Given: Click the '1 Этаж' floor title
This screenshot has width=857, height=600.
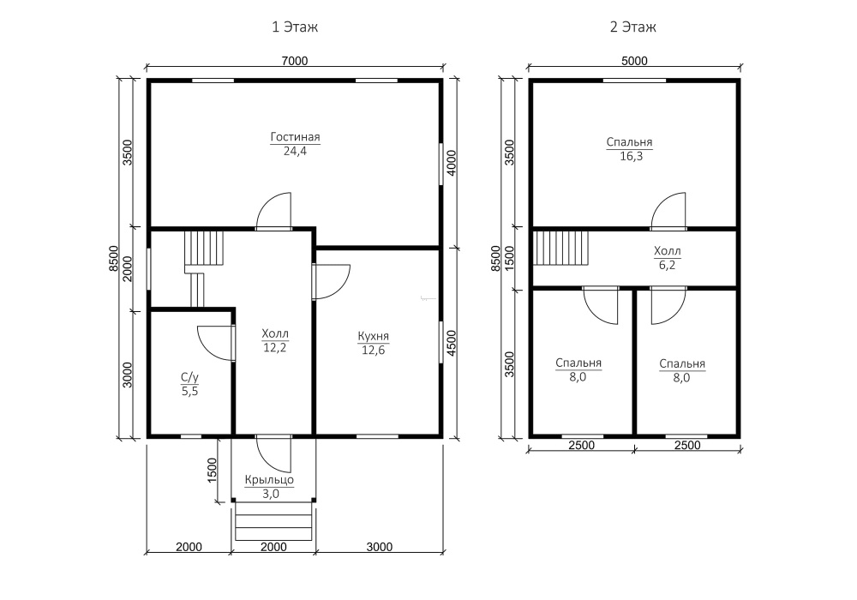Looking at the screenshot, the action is pyautogui.click(x=295, y=27).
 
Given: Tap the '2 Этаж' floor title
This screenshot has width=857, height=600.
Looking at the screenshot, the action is pyautogui.click(x=633, y=27).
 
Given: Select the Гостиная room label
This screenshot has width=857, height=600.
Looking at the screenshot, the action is pyautogui.click(x=295, y=137).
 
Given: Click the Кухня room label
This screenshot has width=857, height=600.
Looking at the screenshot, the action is pyautogui.click(x=374, y=336).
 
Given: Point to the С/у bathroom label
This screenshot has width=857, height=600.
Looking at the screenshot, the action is pyautogui.click(x=189, y=377).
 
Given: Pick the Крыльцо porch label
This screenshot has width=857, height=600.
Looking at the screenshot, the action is pyautogui.click(x=269, y=480).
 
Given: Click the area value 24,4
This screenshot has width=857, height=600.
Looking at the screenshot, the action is pyautogui.click(x=295, y=152).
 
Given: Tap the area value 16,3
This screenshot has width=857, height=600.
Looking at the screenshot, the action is pyautogui.click(x=632, y=156).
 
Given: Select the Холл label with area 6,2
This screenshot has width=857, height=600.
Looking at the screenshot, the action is pyautogui.click(x=668, y=251).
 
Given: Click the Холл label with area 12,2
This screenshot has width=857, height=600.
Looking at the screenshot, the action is pyautogui.click(x=275, y=333).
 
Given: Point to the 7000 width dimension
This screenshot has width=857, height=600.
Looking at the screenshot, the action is pyautogui.click(x=295, y=61).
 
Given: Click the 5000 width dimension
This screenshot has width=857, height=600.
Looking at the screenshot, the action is pyautogui.click(x=634, y=61).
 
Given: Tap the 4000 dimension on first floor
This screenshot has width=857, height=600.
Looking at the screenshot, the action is pyautogui.click(x=452, y=163).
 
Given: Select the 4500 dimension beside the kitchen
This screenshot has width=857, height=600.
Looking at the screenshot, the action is pyautogui.click(x=452, y=343).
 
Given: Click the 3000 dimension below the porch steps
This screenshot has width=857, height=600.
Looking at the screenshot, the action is pyautogui.click(x=380, y=547).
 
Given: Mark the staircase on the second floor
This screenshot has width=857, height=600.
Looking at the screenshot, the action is pyautogui.click(x=560, y=248).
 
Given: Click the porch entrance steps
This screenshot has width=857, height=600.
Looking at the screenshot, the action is pyautogui.click(x=273, y=521).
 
